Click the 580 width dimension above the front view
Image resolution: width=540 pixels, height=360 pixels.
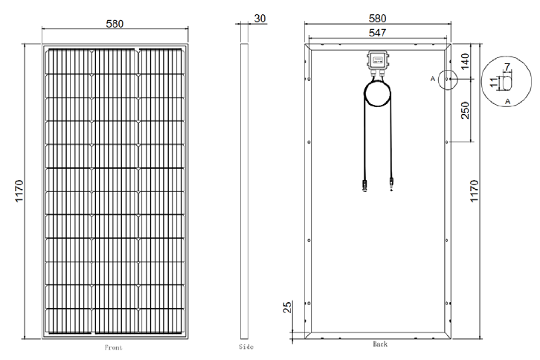click(x=115, y=24)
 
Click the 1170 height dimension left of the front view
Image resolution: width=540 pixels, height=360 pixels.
click(x=19, y=191)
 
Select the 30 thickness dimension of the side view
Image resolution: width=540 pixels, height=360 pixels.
click(x=260, y=19)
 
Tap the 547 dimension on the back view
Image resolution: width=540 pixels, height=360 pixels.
click(x=377, y=33)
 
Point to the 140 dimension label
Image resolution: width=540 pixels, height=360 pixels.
click(x=465, y=61)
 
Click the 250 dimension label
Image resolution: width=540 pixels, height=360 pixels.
click(x=465, y=110)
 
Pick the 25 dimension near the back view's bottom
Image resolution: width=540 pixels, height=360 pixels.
click(x=287, y=307)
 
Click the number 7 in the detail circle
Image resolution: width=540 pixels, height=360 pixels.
click(x=507, y=66)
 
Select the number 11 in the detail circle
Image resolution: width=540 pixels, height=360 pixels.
click(x=493, y=83)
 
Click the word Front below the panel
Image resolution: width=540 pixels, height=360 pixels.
click(x=113, y=347)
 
